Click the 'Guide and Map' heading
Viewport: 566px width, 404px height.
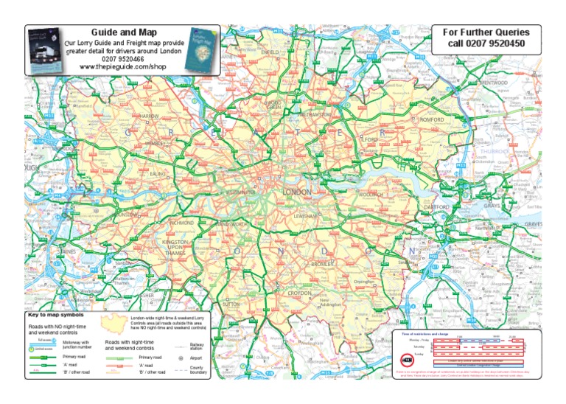click(122, 32)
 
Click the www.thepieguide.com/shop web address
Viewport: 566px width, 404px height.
click(123, 67)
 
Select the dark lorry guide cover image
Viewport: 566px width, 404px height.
click(46, 50)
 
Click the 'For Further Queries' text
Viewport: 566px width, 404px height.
click(489, 32)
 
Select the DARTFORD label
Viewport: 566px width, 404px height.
click(438, 208)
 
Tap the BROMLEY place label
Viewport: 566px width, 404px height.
click(324, 263)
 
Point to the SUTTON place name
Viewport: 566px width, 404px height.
click(231, 303)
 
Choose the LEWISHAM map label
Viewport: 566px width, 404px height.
click(305, 216)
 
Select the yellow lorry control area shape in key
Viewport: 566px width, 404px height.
click(114, 322)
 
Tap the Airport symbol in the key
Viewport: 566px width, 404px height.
click(181, 358)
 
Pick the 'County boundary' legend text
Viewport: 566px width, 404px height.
click(198, 369)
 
